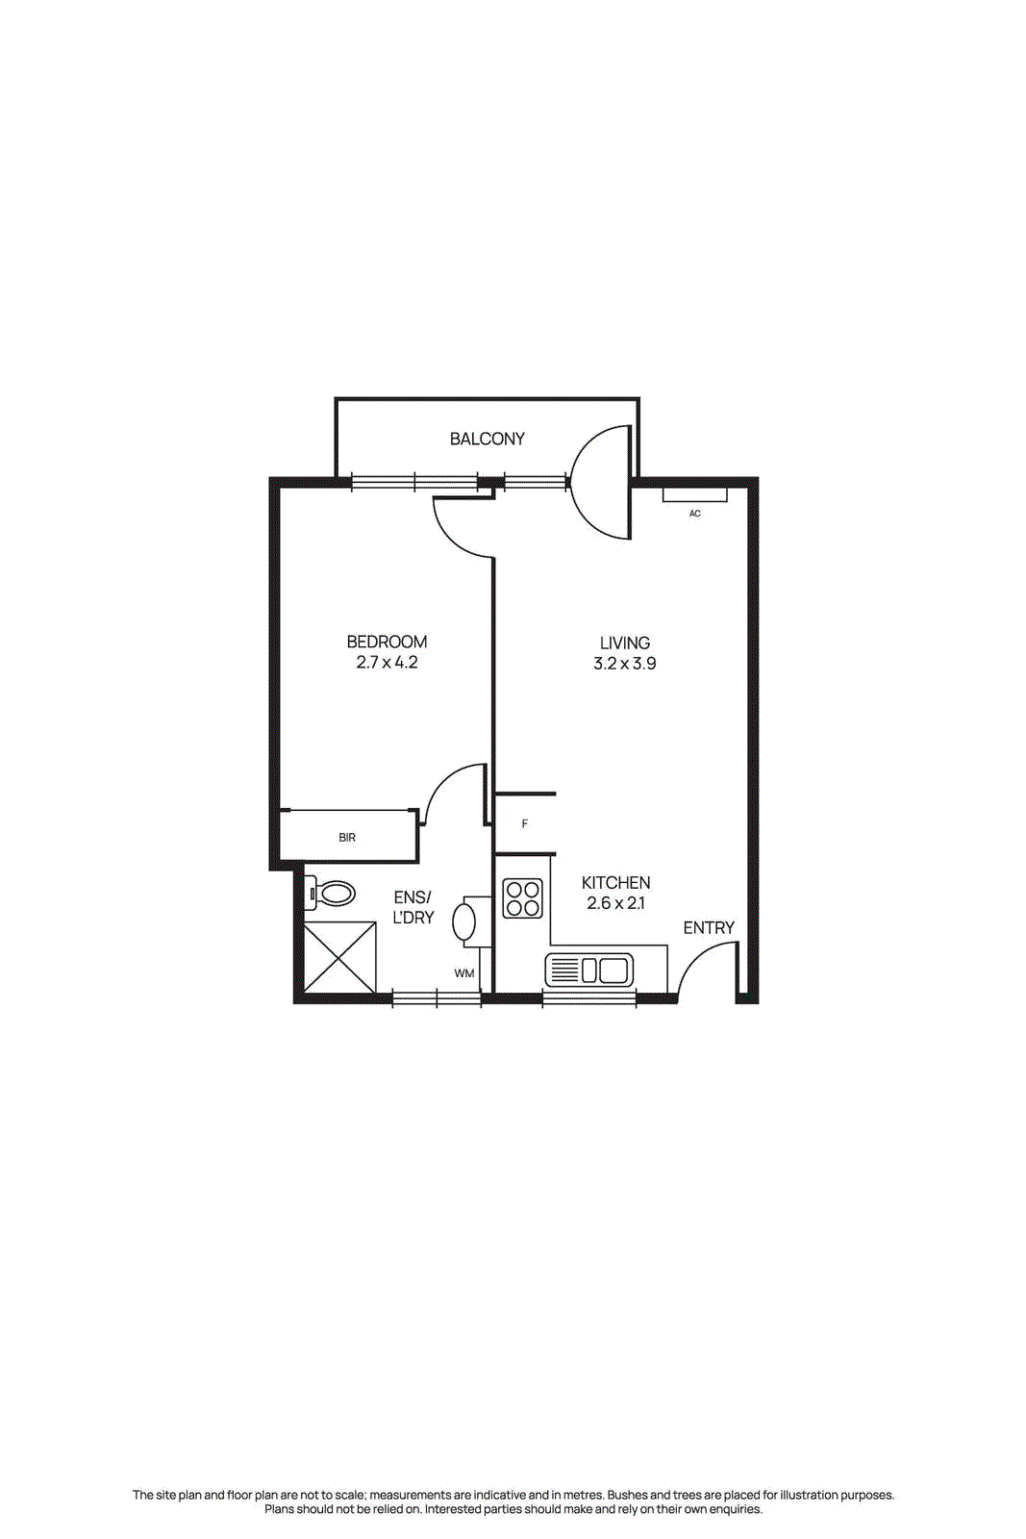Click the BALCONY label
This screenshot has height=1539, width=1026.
[487, 439]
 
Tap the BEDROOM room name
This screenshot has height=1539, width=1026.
[387, 642]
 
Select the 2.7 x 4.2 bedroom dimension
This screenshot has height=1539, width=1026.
[387, 663]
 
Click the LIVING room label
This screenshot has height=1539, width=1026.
[624, 643]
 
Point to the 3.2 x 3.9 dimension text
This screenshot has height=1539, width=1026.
[624, 664]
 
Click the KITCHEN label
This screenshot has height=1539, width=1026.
[615, 882]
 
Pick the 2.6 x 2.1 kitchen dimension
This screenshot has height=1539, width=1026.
[615, 903]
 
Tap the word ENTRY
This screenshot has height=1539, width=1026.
[709, 927]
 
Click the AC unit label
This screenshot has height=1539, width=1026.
[694, 514]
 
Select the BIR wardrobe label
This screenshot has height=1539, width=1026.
[347, 838]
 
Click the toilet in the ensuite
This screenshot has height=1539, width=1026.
[331, 894]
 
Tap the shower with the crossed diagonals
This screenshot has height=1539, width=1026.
[339, 957]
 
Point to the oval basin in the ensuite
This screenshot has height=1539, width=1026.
[464, 921]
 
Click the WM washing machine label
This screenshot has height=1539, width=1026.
[464, 973]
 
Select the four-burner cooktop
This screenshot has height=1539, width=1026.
[523, 898]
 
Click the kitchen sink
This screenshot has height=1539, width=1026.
[589, 970]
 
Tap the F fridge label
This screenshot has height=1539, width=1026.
[524, 824]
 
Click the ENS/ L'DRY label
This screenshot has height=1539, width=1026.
[413, 907]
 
